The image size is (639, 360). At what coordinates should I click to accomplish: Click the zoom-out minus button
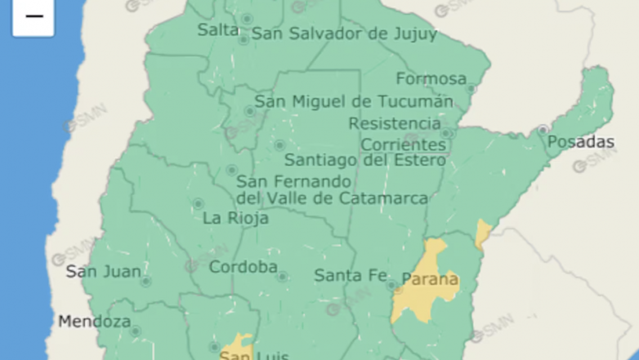(x=34, y=17)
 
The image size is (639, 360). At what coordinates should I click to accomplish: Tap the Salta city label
(x=218, y=30)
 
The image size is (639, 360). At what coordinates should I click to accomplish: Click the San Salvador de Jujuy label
(x=344, y=34)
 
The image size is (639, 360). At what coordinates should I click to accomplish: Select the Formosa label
(x=431, y=79)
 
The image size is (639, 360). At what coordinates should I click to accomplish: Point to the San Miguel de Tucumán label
(x=354, y=102)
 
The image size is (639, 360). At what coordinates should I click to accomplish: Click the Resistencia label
(x=395, y=123)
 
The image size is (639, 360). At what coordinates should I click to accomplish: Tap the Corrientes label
(x=403, y=145)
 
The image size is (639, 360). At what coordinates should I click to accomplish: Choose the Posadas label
(x=580, y=142)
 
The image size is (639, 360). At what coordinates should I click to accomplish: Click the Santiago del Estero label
(x=365, y=160)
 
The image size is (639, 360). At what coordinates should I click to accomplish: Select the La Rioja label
(x=235, y=218)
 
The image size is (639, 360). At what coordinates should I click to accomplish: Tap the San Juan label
(x=104, y=272)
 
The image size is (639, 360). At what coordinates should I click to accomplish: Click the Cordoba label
(x=243, y=267)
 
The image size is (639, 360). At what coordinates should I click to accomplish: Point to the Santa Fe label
(x=350, y=275)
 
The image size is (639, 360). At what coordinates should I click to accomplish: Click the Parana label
(x=430, y=279)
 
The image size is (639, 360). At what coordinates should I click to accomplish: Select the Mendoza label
(x=95, y=322)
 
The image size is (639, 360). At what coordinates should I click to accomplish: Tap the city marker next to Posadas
(x=543, y=130)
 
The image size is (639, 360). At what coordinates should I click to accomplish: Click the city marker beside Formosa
(x=471, y=88)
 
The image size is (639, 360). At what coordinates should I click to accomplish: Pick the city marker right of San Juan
(x=146, y=281)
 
